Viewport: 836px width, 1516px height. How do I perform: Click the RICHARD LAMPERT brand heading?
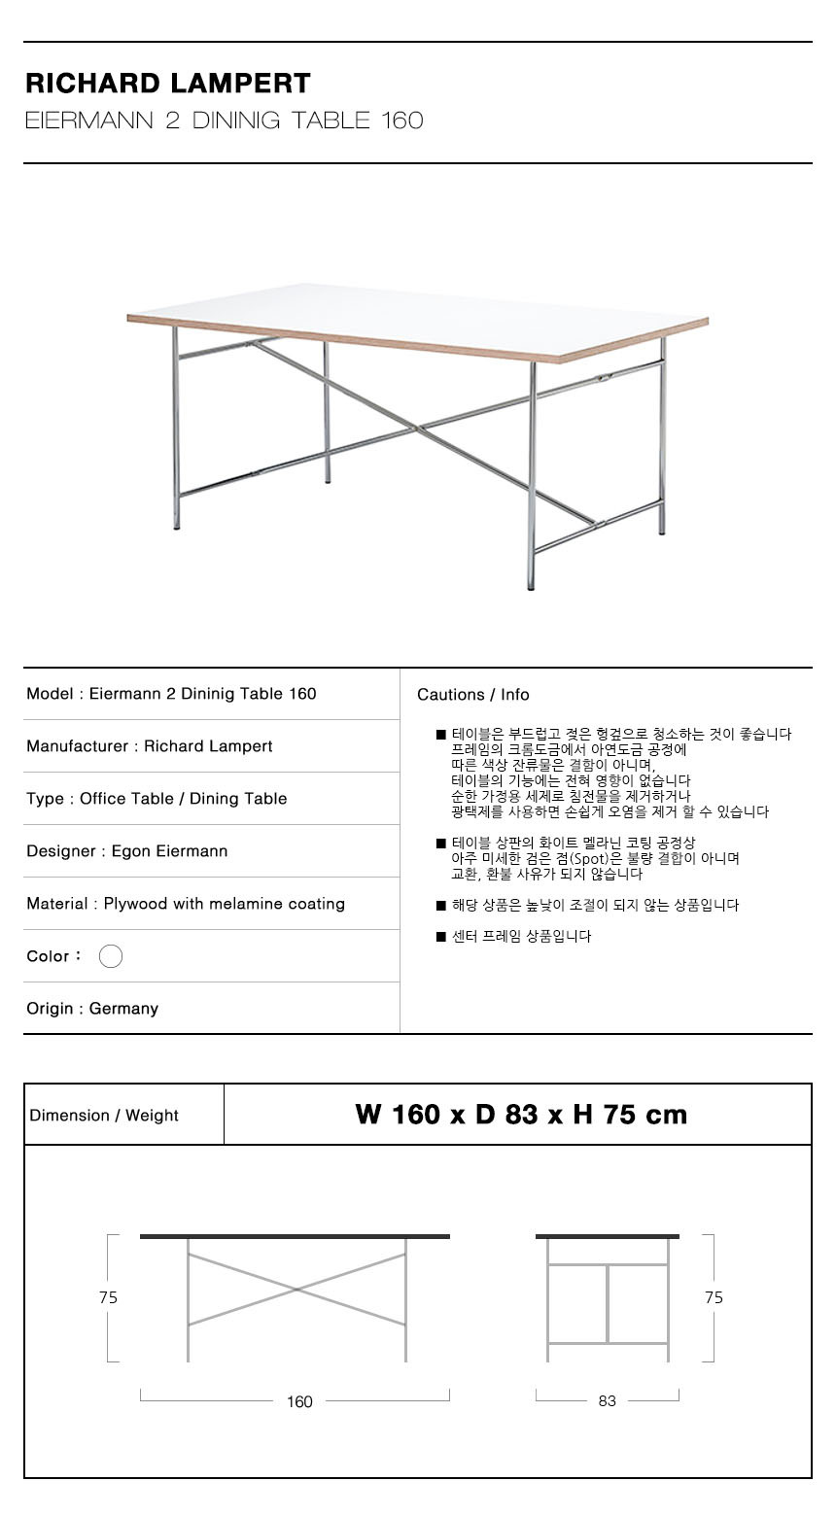coord(168,84)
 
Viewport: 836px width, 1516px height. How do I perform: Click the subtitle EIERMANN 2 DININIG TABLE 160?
coord(225,121)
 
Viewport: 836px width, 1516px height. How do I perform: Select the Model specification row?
coord(171,694)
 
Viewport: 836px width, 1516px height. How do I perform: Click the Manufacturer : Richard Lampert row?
coord(150,746)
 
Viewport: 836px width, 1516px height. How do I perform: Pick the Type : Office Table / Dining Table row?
coord(157,799)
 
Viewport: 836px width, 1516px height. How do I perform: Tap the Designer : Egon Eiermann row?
coord(127,851)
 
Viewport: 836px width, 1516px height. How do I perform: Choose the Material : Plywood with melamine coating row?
coord(186,904)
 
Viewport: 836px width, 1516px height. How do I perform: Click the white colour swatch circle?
coord(111,956)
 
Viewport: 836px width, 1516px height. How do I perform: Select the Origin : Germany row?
coord(92,1009)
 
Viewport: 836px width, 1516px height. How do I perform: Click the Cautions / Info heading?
coord(473,695)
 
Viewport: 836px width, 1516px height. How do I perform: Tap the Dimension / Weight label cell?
coord(104,1116)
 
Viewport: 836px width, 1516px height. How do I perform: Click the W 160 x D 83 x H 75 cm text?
coord(521,1115)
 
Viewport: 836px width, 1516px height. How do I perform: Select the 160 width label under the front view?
coord(299,1401)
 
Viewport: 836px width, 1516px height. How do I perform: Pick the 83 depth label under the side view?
coord(608,1401)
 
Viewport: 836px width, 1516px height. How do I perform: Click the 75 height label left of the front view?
coord(108,1297)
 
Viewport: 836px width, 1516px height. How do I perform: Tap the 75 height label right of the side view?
coord(714,1297)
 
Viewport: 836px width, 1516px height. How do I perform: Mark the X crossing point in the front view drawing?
coord(296,1290)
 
